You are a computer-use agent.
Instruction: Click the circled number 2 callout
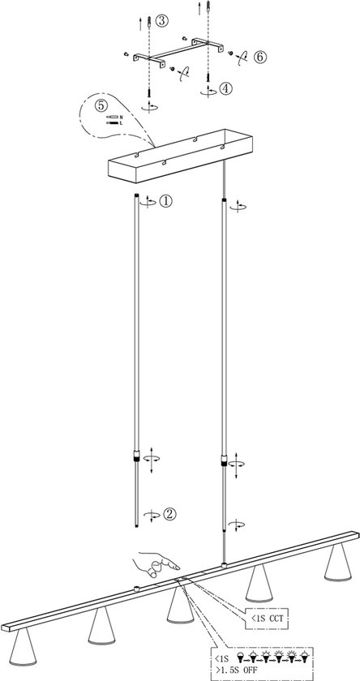click(169, 513)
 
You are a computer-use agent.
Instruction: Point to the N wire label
click(122, 117)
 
